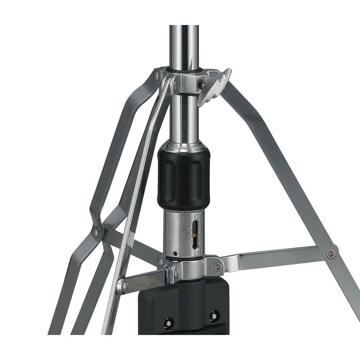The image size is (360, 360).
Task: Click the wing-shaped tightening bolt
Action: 215,85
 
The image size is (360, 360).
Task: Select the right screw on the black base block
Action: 213,315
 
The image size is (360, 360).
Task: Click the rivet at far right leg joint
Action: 330,253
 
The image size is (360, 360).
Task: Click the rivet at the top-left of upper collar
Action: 156,75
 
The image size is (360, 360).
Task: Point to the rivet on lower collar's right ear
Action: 218,267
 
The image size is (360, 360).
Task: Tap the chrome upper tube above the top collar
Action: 184,46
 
